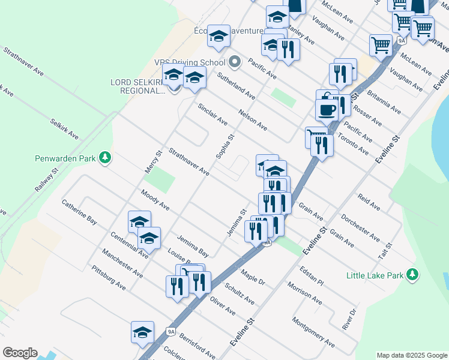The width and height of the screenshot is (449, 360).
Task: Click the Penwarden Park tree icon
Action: [106, 158]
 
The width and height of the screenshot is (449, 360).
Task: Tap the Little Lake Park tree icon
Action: [412, 274]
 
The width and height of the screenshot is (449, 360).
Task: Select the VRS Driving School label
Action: [188, 62]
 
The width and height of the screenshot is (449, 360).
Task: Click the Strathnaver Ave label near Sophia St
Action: [188, 161]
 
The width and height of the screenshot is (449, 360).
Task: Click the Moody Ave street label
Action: [155, 200]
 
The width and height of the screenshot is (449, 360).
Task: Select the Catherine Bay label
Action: [79, 211]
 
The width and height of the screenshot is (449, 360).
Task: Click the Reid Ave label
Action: [369, 202]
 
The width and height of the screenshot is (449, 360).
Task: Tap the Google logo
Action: [20, 353]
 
